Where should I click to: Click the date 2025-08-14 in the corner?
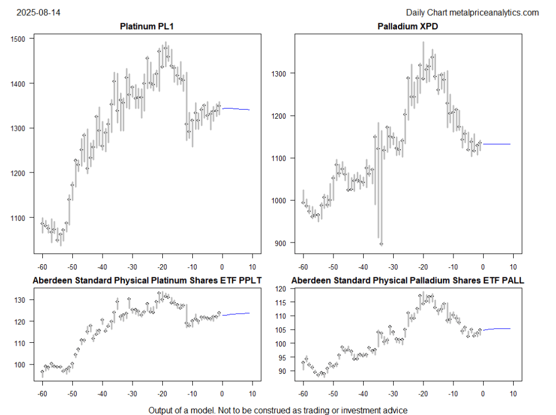tap(39, 12)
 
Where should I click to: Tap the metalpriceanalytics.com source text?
tap(495, 12)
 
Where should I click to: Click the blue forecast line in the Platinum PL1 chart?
tap(236, 109)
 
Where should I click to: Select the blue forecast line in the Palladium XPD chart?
tap(497, 144)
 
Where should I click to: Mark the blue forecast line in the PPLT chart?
tap(236, 314)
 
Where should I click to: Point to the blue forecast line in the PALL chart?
tap(497, 329)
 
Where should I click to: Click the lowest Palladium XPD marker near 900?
tap(381, 244)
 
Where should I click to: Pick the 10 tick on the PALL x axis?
tap(513, 393)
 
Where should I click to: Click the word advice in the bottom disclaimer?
tap(395, 410)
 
